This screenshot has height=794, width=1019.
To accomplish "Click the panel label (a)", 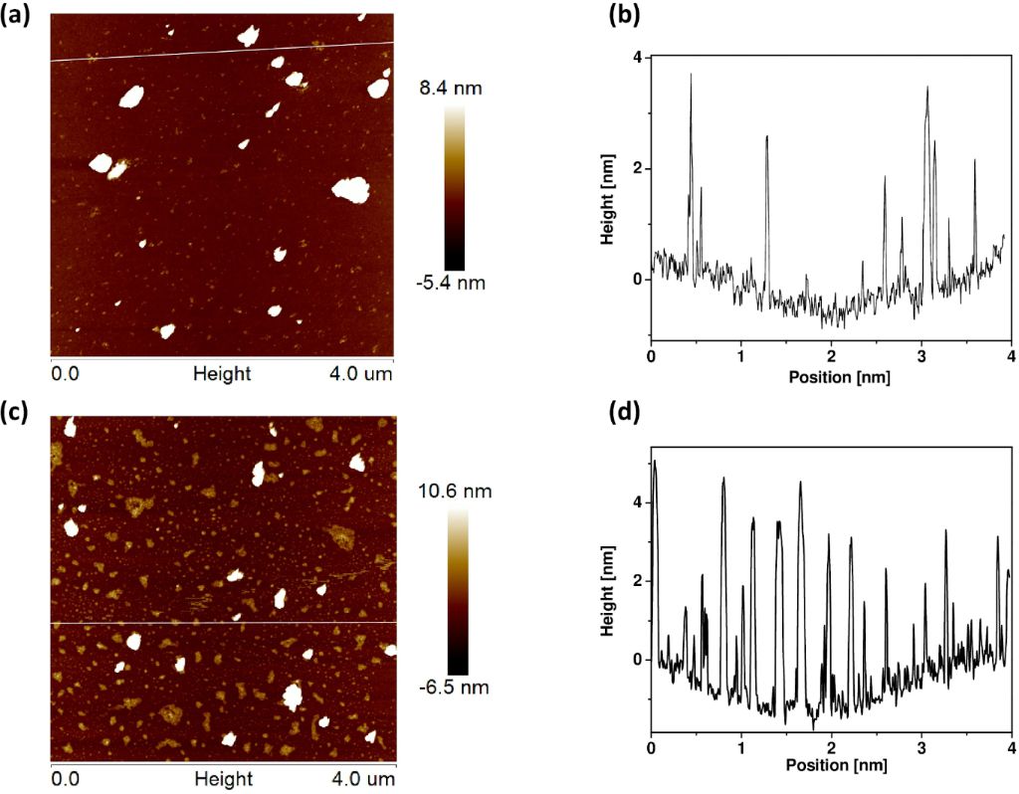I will (x=19, y=17).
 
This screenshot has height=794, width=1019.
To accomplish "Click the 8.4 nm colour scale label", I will (x=452, y=89).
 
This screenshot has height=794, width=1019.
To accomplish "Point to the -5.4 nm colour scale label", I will (x=453, y=283).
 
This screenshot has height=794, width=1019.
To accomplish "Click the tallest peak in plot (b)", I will (x=691, y=75).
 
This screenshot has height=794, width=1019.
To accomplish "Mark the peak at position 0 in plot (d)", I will (x=654, y=461).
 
